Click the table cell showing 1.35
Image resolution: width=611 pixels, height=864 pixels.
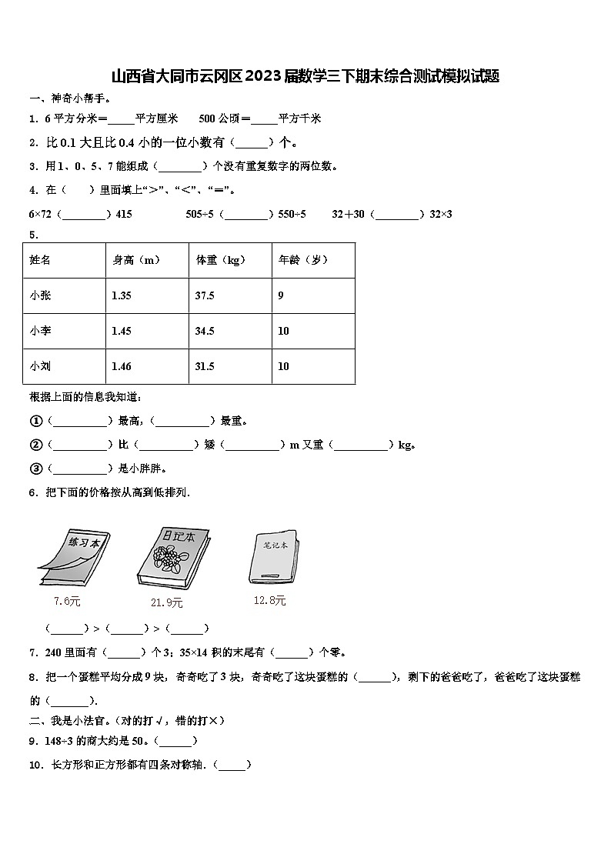pos(122,295)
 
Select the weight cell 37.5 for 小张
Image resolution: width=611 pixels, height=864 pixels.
pos(205,295)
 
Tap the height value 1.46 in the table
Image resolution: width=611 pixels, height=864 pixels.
pos(122,366)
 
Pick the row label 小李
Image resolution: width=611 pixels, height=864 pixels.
pos(41,331)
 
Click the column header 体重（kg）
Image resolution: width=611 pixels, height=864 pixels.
pos(221,260)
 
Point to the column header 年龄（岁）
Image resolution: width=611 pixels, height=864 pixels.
pos(303,260)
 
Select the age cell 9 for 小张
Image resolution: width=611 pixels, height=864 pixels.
pos(281,295)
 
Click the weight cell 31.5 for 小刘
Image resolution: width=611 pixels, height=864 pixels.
pos(205,366)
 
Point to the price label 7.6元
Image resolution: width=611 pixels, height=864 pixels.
pos(67,601)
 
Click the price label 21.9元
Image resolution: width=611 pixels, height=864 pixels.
pos(167,602)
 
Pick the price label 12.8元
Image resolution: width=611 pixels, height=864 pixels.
pos(269,600)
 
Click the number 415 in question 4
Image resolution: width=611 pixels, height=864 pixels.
pos(124,214)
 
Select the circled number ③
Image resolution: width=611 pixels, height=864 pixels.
pos(35,468)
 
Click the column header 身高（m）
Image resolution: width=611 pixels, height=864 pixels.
pos(136,260)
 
